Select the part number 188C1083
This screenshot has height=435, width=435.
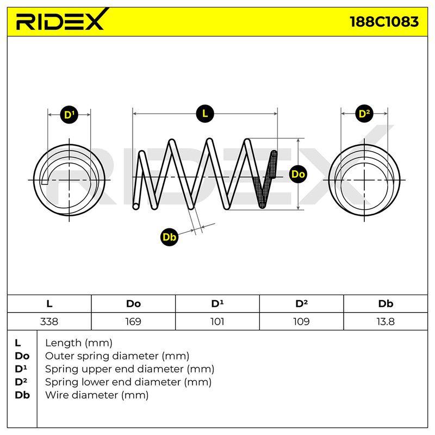tap(384, 22)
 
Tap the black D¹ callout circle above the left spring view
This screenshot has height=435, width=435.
tap(69, 115)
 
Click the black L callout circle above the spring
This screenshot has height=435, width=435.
tap(205, 114)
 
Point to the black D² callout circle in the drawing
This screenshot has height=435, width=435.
tap(364, 114)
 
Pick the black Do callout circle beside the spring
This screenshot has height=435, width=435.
tap(298, 174)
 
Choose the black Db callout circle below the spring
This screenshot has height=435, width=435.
tap(169, 237)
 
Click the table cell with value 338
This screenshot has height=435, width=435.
tap(49, 321)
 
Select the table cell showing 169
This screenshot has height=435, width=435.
tap(133, 321)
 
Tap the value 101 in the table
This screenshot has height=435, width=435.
tap(217, 321)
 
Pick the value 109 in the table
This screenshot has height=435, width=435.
tap(301, 321)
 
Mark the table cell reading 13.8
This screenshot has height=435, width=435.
tap(386, 321)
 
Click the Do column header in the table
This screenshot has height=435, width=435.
tap(133, 304)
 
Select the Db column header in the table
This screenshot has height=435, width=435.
tap(386, 304)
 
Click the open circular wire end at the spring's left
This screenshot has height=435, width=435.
tap(136, 206)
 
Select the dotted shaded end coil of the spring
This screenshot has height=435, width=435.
tap(265, 181)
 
